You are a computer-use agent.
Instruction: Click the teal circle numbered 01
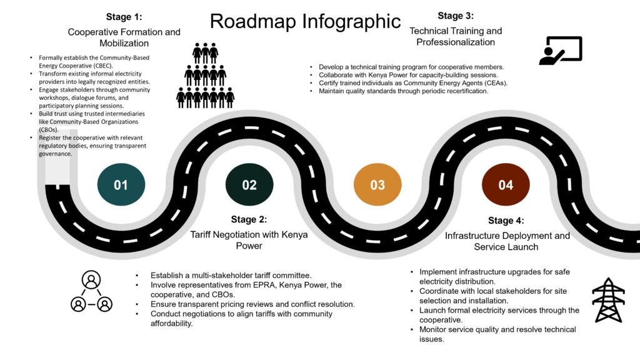(x=121, y=185)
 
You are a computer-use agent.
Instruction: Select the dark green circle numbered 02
(x=249, y=185)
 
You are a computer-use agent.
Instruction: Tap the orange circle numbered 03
(x=377, y=185)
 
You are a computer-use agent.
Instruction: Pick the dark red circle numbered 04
(x=506, y=185)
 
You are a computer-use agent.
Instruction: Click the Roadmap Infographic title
(x=305, y=21)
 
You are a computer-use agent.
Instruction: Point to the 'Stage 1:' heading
(x=124, y=16)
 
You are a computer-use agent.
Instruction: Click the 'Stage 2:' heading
(x=249, y=219)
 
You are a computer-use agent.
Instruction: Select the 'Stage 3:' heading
(x=456, y=16)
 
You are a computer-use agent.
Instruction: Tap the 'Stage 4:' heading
(x=506, y=220)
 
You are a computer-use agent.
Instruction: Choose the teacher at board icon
(x=561, y=51)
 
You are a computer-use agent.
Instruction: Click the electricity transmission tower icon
(x=608, y=299)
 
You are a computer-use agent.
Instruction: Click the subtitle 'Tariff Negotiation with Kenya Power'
(x=249, y=240)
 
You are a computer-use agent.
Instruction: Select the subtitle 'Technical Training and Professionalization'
(x=456, y=36)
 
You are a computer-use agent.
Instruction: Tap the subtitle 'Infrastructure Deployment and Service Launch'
(x=507, y=241)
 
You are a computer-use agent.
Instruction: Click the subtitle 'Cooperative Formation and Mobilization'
(x=124, y=37)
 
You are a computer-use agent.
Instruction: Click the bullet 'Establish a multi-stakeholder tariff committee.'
(x=231, y=276)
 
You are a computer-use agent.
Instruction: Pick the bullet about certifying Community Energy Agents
(x=412, y=82)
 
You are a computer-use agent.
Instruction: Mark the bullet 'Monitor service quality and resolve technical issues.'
(x=497, y=334)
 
